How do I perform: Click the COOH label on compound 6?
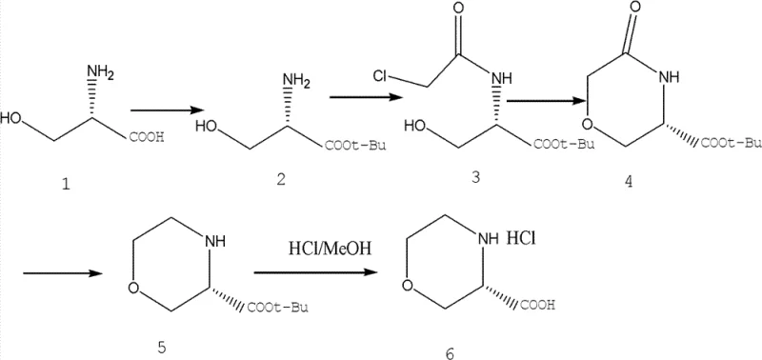coord(539,306)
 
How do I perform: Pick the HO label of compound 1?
coord(14,121)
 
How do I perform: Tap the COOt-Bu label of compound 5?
coord(285,307)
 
